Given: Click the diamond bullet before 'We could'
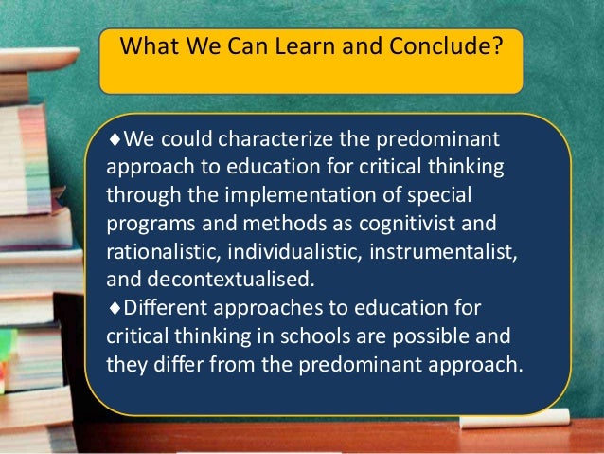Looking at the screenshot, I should coord(115,141).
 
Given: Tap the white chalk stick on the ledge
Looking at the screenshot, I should coord(543,416).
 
